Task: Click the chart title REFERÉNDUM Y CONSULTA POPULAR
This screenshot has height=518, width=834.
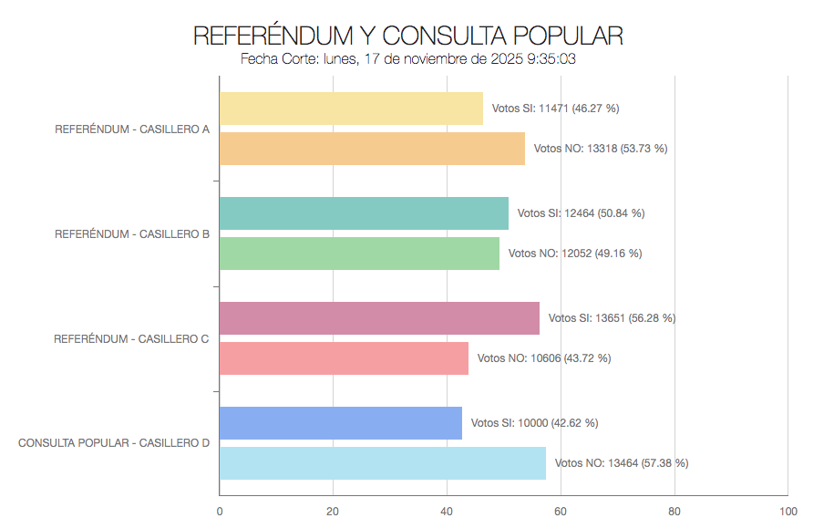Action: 407,36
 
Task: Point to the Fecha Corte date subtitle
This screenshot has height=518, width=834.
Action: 407,60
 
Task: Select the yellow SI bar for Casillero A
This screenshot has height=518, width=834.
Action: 351,109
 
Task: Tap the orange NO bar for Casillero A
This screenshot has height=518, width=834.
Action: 372,149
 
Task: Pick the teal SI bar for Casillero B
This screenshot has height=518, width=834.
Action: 364,213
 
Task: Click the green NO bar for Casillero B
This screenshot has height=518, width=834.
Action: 359,254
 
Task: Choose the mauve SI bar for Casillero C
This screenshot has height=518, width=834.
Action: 379,318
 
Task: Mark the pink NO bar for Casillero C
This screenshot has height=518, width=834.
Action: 344,358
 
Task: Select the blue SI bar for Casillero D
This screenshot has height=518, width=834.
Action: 341,423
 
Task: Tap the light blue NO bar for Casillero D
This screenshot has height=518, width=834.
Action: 383,463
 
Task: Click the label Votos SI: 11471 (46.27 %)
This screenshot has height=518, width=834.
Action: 555,109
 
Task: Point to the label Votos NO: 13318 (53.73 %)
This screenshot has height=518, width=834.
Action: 600,149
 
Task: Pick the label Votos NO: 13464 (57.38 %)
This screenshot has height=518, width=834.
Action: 622,463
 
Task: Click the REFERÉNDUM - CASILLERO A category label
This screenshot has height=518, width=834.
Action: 132,129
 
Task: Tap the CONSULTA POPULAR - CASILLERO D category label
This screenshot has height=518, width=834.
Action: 114,443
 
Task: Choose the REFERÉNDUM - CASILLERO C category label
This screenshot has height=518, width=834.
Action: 131,338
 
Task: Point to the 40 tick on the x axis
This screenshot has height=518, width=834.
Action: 447,511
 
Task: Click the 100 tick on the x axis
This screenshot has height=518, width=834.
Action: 788,511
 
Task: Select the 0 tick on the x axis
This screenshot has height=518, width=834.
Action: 220,511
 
